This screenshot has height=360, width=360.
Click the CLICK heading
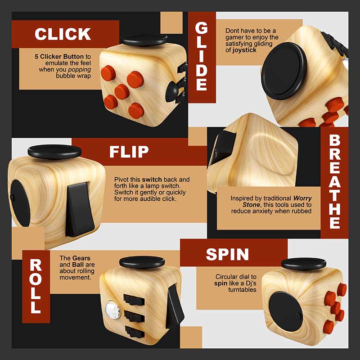click(x=63, y=34)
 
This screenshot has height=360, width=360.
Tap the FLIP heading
click(x=129, y=152)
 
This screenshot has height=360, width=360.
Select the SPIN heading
click(x=227, y=254)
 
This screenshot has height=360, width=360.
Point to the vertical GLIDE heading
click(x=202, y=57)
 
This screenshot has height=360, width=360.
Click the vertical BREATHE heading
click(x=334, y=181)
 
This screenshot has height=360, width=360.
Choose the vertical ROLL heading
click(x=36, y=286)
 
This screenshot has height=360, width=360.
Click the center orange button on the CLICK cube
click(x=122, y=92)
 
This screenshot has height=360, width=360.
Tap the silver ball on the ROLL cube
click(x=113, y=310)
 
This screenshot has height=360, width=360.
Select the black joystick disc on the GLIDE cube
click(x=284, y=71)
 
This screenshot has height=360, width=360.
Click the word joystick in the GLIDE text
click(x=244, y=50)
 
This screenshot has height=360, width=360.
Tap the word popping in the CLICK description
click(x=80, y=70)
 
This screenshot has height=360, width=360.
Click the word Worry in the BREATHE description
click(x=302, y=198)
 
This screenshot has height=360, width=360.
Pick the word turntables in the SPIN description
click(x=242, y=289)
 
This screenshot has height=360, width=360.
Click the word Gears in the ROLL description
click(x=81, y=258)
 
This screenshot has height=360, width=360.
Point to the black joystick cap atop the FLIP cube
click(x=54, y=152)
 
